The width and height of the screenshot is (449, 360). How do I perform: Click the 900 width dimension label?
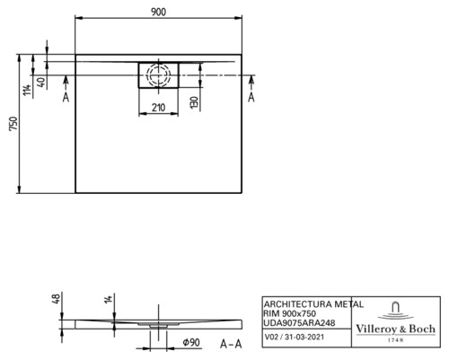[x=158, y=12]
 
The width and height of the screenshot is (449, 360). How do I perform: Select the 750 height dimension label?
[x=14, y=124]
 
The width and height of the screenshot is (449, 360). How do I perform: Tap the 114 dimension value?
[x=27, y=90]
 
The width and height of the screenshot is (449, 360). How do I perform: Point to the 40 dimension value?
[x=42, y=83]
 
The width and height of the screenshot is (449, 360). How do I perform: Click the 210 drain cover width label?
[x=158, y=107]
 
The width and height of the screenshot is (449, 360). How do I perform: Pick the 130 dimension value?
[x=195, y=102]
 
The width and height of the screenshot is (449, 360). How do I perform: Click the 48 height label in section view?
[x=57, y=298]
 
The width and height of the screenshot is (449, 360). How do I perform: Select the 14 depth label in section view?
[x=109, y=299]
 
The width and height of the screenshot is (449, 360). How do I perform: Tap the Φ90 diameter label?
[x=191, y=342]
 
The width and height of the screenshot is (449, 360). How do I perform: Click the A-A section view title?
[x=231, y=344]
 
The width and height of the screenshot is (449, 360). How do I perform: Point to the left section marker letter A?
[x=66, y=97]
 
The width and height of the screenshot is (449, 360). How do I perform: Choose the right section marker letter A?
[x=251, y=97]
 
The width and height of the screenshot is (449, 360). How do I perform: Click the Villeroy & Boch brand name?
[x=395, y=329]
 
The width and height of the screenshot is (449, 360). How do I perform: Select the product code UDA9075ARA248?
[x=299, y=323]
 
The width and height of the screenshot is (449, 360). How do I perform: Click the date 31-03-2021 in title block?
[x=304, y=338]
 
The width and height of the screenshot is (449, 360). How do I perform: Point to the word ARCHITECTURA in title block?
[x=298, y=304]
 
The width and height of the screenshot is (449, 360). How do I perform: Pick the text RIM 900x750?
[x=289, y=313]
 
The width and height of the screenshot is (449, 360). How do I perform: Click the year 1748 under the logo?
[x=395, y=340]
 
